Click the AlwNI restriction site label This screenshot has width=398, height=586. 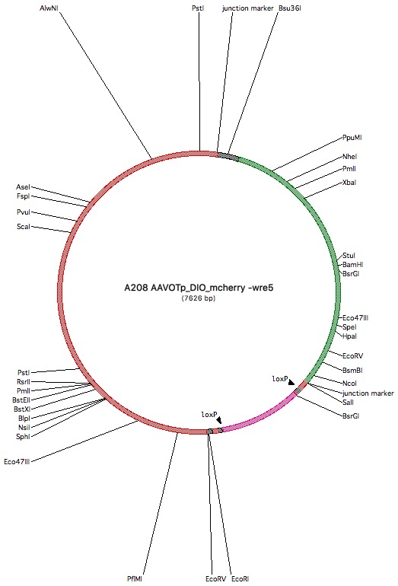pos(49,8)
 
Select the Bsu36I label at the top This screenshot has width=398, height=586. pos(290,8)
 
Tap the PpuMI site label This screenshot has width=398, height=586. pos(352,138)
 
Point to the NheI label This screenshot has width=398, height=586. pos(349,157)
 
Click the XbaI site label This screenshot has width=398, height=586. pos(349,183)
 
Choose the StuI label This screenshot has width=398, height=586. pos(349,256)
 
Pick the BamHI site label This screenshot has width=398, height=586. pos(353,265)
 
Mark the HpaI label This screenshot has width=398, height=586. pos(349,336)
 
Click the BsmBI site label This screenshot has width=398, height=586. pos(352,371)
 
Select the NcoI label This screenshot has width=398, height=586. pos(349,383)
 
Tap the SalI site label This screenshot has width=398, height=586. pos(348,402)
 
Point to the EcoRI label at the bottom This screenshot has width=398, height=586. pos(240,579)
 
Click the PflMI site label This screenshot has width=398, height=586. pos(135,579)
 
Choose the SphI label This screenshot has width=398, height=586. pos(23,437)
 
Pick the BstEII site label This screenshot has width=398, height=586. pos(21,400)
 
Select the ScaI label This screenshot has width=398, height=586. pos(23,227)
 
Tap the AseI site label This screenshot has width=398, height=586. pos(23,187)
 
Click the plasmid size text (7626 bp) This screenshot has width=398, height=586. pos(199,298)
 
